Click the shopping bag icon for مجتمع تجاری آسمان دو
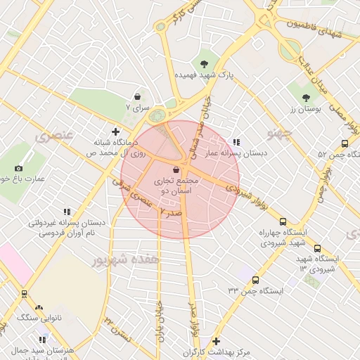pos(176,169)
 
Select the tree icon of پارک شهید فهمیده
pos(204,63)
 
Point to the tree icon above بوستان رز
pos(305,98)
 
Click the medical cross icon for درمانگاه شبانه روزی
pos(116,131)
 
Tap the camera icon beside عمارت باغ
pos(18,168)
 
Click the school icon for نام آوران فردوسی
pos(67,211)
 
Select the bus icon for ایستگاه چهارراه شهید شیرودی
pos(283,221)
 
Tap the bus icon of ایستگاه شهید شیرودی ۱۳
pos(317,248)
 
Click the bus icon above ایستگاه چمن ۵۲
pos(345,143)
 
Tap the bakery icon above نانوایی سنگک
pos(39,308)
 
